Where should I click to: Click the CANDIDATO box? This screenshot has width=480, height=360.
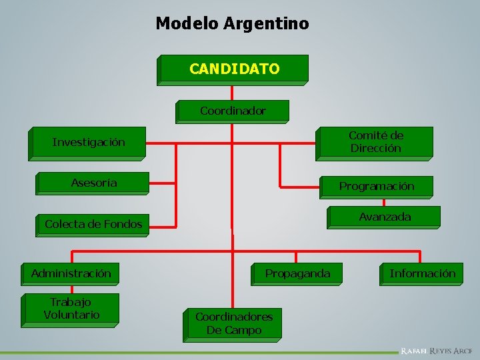coord(234,69)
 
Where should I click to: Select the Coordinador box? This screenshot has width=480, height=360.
coord(233,111)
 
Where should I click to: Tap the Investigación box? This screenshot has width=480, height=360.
coord(88,142)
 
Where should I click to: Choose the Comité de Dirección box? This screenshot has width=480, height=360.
coord(375,142)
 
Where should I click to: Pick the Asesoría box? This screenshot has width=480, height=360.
coord(94,183)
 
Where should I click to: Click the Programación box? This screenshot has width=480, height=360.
coord(376,186)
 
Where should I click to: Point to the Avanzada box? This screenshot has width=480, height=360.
coord(385,217)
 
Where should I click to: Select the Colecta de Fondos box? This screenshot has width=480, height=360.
coord(93,224)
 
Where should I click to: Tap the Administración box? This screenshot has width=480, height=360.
coord(71,273)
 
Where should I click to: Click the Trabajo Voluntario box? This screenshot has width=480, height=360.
coord(71,309)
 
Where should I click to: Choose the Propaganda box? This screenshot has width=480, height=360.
coord(297,273)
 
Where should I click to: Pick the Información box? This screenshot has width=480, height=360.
coord(423,273)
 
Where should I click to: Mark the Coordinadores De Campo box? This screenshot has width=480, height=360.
coord(233,323)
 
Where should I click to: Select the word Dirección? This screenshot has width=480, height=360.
coord(376,148)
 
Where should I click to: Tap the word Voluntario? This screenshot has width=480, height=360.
coord(71,315)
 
